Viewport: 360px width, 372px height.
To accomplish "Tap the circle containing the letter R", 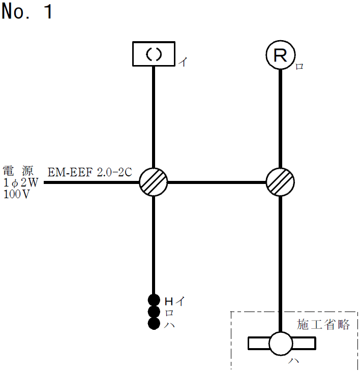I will (x=281, y=55).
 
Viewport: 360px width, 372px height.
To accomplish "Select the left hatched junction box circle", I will (x=154, y=181).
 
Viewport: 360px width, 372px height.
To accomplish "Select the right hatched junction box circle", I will (x=281, y=181).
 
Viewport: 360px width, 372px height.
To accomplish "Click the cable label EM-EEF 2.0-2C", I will (x=90, y=172).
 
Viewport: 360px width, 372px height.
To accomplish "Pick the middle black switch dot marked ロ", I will (x=154, y=312).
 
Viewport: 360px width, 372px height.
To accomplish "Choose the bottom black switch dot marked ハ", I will (x=154, y=323).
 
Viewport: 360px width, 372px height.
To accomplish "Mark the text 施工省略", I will (x=323, y=325).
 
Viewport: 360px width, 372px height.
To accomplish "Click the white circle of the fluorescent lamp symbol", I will (x=281, y=344).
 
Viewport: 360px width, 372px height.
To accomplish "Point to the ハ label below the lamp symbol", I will (x=293, y=362).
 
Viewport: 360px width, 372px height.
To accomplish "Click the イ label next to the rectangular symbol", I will (x=183, y=63).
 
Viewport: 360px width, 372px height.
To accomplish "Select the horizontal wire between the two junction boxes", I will (x=217, y=181).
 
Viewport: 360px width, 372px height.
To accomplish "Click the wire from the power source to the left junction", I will (x=92, y=181).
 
